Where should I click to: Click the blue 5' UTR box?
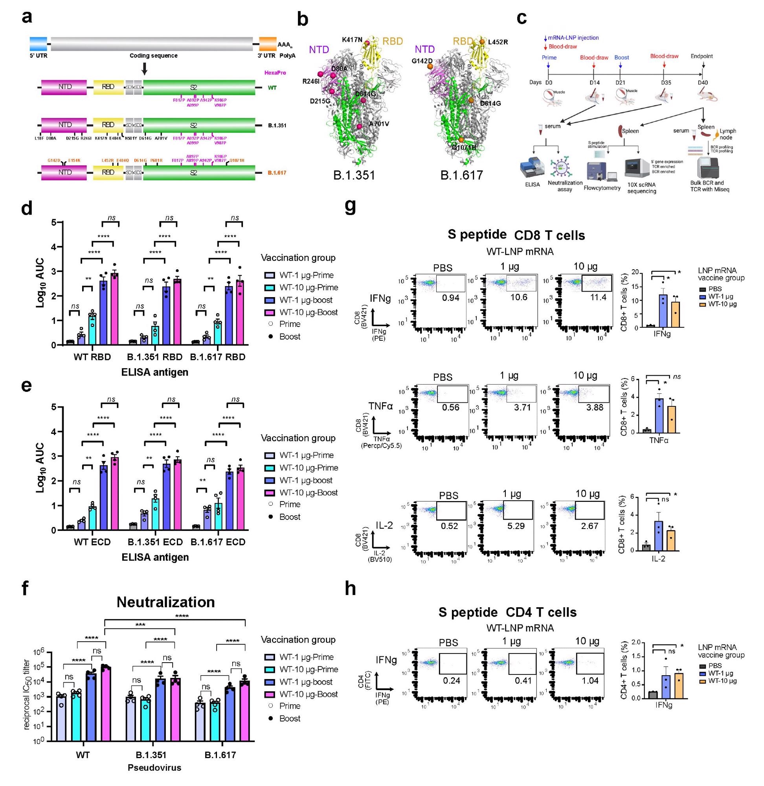(39, 43)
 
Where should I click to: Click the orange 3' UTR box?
(267, 43)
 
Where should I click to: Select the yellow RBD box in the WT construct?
(108, 87)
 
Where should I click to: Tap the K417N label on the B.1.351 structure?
(352, 40)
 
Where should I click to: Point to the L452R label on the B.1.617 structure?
(498, 42)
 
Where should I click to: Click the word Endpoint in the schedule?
(702, 56)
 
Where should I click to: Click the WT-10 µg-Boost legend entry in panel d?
(308, 312)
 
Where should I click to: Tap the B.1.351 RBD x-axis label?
(155, 357)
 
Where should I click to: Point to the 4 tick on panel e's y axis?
(53, 432)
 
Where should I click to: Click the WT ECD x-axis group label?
(92, 542)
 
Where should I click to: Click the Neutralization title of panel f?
(165, 602)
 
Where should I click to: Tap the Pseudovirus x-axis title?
(154, 768)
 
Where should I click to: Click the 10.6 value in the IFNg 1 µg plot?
(518, 298)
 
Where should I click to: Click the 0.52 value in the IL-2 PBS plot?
(449, 525)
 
